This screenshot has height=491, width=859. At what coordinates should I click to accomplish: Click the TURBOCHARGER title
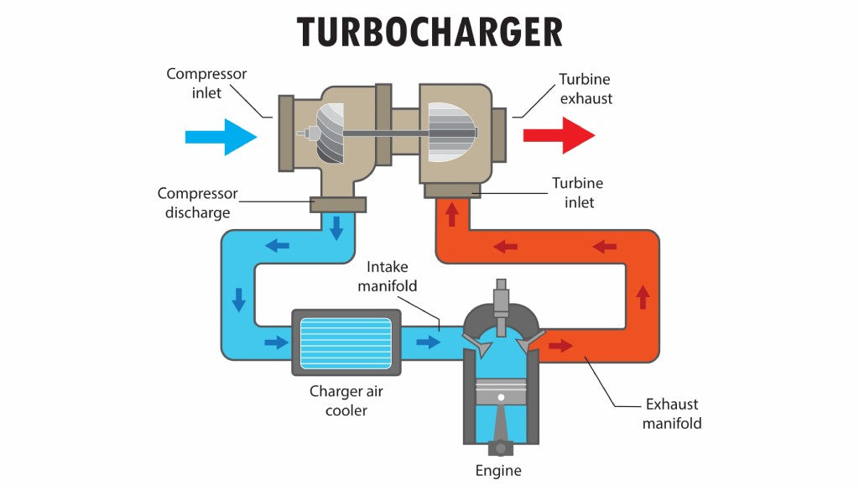(x=429, y=32)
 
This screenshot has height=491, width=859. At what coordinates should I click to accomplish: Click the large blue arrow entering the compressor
(x=221, y=136)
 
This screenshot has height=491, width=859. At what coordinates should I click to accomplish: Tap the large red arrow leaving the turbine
(x=559, y=135)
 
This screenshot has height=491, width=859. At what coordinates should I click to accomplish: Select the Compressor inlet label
(x=206, y=83)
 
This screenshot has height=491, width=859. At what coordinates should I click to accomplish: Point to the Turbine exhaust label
(x=586, y=89)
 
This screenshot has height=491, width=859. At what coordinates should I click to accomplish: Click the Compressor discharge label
(x=197, y=203)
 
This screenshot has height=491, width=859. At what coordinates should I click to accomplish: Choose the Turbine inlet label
(x=577, y=191)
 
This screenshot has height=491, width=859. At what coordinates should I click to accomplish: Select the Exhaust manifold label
(x=672, y=413)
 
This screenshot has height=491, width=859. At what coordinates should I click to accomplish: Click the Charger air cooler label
(x=346, y=400)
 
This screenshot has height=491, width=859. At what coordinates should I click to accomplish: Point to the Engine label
(x=498, y=471)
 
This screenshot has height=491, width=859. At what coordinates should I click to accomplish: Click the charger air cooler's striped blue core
(x=346, y=342)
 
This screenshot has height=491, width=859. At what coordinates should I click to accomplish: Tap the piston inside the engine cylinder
(x=500, y=394)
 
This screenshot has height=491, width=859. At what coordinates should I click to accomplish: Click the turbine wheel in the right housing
(x=451, y=133)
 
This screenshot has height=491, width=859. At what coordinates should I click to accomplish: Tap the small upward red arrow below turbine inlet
(x=452, y=215)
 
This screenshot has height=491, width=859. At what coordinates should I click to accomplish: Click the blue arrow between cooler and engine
(x=428, y=342)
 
